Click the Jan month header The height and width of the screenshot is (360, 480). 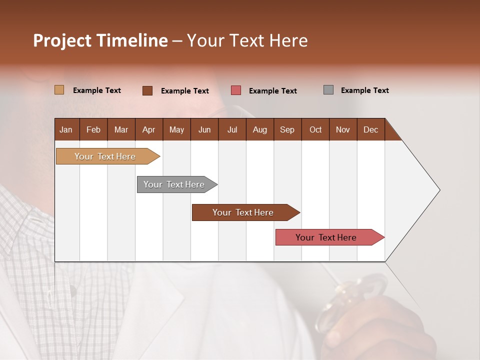66,129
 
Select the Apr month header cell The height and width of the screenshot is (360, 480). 149,129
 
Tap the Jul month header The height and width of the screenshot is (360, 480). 232,129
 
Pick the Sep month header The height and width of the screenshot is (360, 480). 287,129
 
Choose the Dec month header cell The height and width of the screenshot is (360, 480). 370,129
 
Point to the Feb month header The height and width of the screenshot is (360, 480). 93,129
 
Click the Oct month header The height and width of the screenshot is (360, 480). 315,129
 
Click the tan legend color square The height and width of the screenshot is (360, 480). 59,90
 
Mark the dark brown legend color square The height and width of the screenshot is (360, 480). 147,90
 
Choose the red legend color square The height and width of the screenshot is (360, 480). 236,90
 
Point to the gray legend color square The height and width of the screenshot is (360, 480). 328,90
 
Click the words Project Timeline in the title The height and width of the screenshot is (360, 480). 100,40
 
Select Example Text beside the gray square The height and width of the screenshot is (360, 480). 364,90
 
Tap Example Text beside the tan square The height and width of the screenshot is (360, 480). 97,90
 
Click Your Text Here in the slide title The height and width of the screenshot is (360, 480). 247,40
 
